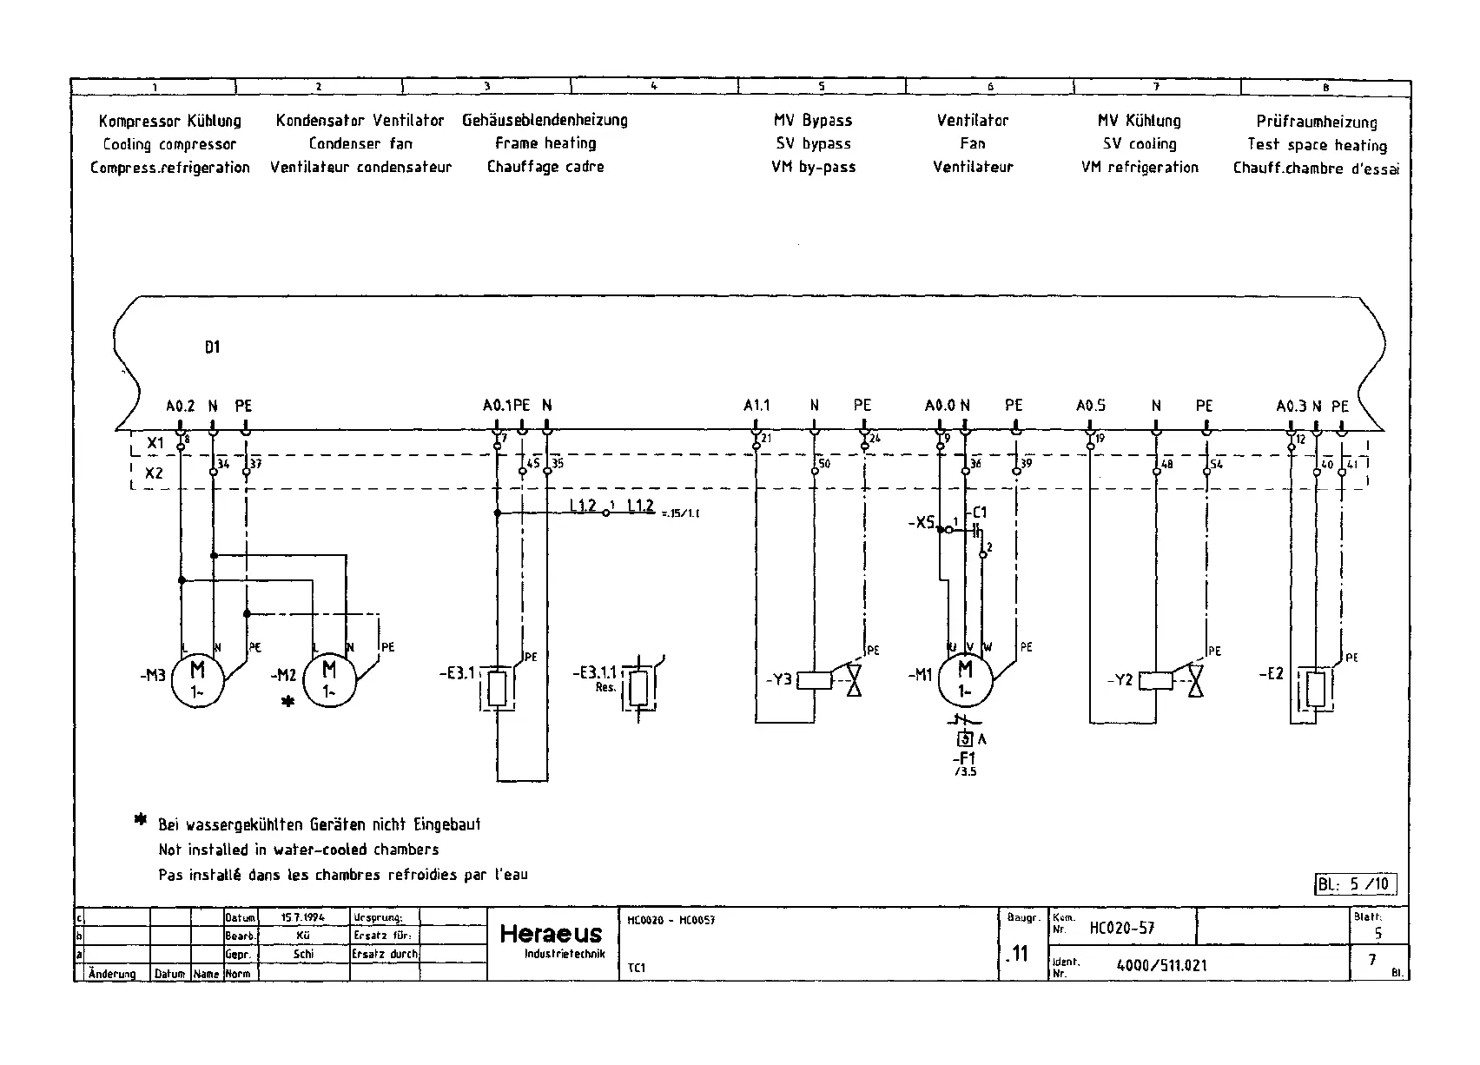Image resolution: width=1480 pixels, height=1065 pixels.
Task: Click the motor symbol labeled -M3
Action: (197, 680)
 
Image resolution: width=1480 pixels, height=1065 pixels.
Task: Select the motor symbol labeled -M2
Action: (329, 680)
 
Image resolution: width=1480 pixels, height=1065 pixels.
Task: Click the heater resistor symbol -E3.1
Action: (497, 689)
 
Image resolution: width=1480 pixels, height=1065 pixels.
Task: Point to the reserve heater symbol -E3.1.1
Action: (639, 687)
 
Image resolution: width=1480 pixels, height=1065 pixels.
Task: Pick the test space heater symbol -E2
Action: (1316, 689)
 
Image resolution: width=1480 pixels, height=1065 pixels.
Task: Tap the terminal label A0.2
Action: (181, 406)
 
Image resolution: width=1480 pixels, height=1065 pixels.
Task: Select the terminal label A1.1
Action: (757, 406)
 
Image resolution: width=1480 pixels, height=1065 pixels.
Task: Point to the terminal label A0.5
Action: (1090, 406)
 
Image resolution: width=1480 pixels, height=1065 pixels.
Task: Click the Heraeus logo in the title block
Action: (551, 935)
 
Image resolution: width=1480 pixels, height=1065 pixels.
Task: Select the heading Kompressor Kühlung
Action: (169, 121)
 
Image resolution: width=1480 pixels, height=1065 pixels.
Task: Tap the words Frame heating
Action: (545, 143)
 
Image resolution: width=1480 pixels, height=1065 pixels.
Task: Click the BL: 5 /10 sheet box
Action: (1356, 884)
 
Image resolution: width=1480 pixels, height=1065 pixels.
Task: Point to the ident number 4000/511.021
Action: (1161, 965)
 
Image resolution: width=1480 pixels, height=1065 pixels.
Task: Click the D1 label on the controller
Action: (213, 347)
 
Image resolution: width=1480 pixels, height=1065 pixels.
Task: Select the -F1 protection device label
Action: (965, 757)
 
